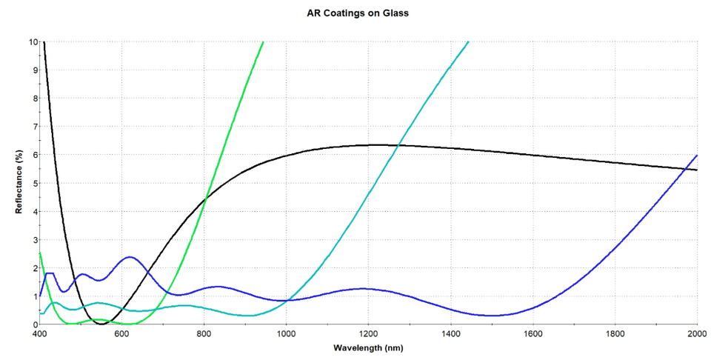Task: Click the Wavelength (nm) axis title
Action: pyautogui.click(x=369, y=347)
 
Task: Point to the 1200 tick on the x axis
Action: pyautogui.click(x=368, y=334)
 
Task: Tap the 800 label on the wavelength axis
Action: pyautogui.click(x=204, y=334)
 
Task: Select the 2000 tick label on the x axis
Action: pyautogui.click(x=697, y=334)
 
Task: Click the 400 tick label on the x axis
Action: pyautogui.click(x=40, y=334)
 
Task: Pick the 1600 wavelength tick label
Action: pyautogui.click(x=533, y=334)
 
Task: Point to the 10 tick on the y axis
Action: pyautogui.click(x=32, y=41)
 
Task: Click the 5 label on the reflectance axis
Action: pyautogui.click(x=34, y=183)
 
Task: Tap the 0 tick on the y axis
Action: pyautogui.click(x=34, y=324)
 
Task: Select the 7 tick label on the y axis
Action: pyautogui.click(x=34, y=127)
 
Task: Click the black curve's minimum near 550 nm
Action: pyautogui.click(x=101, y=324)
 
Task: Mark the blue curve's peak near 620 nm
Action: pyautogui.click(x=130, y=257)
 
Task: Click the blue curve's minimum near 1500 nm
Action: pyautogui.click(x=492, y=316)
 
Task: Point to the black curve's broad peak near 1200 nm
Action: pyautogui.click(x=376, y=144)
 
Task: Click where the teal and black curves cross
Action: pyautogui.click(x=398, y=146)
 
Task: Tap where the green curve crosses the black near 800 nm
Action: pyautogui.click(x=205, y=195)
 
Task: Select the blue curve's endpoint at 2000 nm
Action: pyautogui.click(x=697, y=156)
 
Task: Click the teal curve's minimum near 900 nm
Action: pyautogui.click(x=250, y=316)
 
